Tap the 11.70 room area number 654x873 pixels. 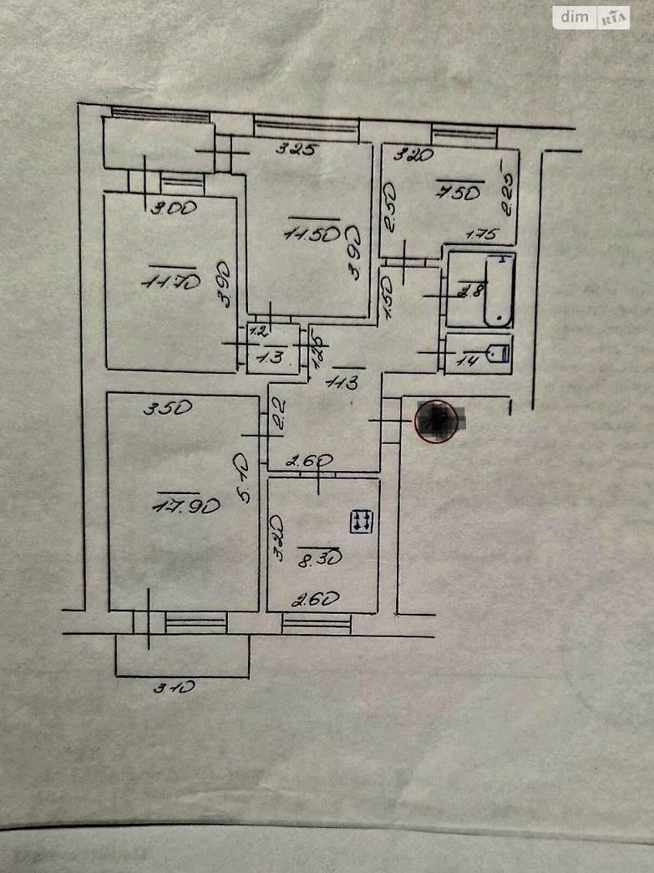pyautogui.click(x=171, y=282)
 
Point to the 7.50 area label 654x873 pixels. pyautogui.click(x=458, y=192)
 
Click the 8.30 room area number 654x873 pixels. pyautogui.click(x=319, y=555)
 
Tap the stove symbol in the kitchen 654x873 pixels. pyautogui.click(x=362, y=522)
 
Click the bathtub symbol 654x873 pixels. pyautogui.click(x=499, y=289)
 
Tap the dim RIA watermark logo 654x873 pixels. pyautogui.click(x=591, y=18)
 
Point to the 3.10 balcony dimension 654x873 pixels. pyautogui.click(x=174, y=687)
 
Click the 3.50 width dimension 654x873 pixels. pyautogui.click(x=169, y=409)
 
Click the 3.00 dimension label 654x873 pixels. pyautogui.click(x=174, y=208)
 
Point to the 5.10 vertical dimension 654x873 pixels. pyautogui.click(x=243, y=477)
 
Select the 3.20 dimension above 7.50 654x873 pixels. pyautogui.click(x=413, y=154)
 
